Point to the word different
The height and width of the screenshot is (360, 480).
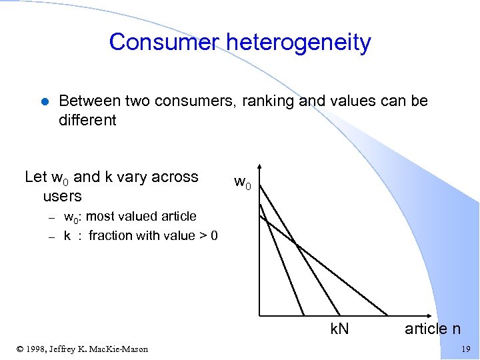(87, 120)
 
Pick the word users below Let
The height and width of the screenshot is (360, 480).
(62, 196)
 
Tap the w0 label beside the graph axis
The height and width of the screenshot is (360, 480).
(243, 181)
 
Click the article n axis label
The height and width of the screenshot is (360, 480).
(433, 329)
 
